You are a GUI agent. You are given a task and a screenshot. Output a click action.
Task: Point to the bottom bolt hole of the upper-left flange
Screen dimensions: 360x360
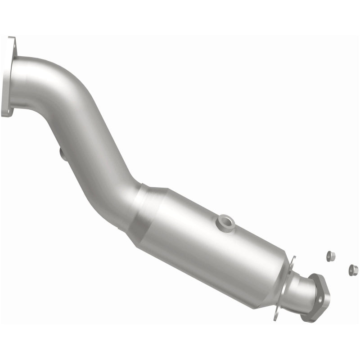[x=6, y=111]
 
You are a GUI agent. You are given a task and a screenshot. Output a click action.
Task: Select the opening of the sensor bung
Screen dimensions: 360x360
[x=225, y=220]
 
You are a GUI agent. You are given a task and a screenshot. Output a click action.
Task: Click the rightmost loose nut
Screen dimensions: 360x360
[x=353, y=270]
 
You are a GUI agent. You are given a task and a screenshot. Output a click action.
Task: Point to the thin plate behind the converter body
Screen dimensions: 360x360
[x=283, y=288]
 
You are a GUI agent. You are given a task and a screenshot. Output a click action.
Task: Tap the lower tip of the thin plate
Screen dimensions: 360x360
[x=275, y=318]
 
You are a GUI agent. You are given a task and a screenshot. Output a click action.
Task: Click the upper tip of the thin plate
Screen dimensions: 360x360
[x=293, y=258]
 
